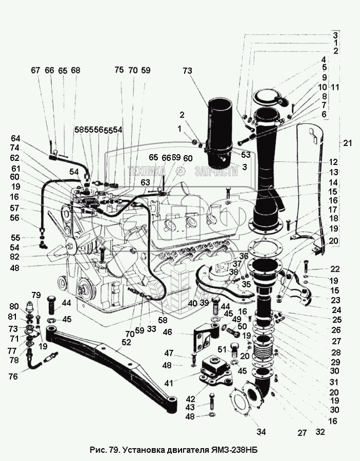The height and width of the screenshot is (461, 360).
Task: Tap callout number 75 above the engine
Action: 119,70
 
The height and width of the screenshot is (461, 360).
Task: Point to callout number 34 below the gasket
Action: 261,432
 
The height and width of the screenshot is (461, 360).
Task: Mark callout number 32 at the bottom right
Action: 320,432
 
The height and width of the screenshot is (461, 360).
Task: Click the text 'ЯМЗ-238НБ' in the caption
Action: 234,450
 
